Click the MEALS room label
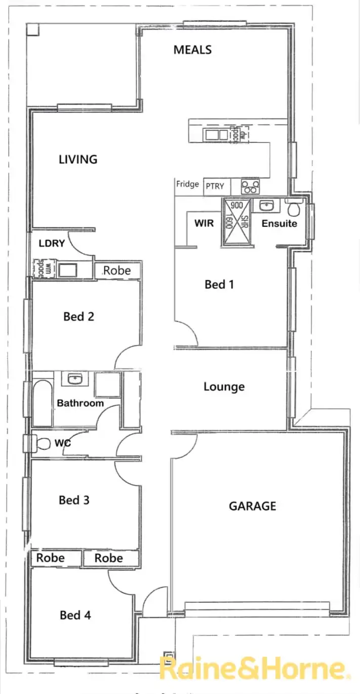(192, 50)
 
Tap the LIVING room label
(78, 160)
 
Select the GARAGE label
(253, 506)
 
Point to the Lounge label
(224, 387)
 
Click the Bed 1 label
(219, 285)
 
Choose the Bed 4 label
(75, 615)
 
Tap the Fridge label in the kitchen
(187, 184)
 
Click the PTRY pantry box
(215, 186)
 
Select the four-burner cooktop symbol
(250, 186)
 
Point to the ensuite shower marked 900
(236, 221)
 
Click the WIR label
(204, 223)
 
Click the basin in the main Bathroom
(75, 378)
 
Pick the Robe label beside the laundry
(117, 271)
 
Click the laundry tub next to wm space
(67, 269)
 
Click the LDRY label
(52, 244)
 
